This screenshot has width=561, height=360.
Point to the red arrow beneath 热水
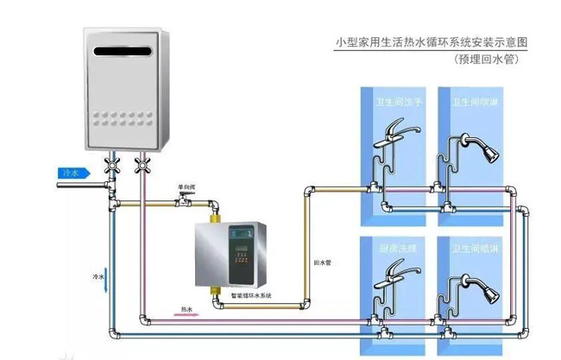tap(187, 315)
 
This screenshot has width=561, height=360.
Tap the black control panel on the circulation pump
tap(239, 256)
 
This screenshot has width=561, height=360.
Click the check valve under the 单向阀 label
tap(183, 202)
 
